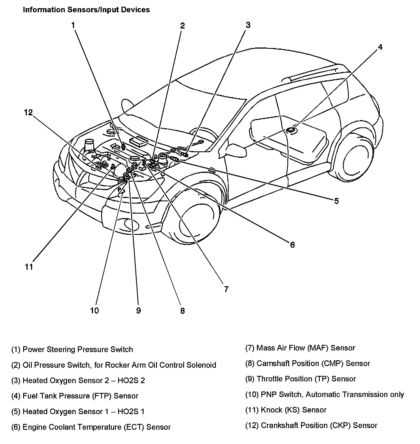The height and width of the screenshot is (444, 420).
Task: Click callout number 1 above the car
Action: click(73, 25)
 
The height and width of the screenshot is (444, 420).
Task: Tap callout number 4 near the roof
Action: click(380, 47)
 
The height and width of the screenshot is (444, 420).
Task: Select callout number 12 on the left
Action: click(28, 113)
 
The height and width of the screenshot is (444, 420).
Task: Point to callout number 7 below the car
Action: click(226, 289)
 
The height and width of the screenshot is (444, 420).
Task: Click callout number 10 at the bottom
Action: click(94, 311)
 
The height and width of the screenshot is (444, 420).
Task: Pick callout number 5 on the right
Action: click(336, 201)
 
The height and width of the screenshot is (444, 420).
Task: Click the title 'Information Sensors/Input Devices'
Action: click(86, 10)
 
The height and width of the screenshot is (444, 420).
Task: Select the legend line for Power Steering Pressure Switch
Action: click(72, 350)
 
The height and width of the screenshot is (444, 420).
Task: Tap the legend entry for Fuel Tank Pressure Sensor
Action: click(75, 396)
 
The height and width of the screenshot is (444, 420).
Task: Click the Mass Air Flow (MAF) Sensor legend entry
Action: click(300, 348)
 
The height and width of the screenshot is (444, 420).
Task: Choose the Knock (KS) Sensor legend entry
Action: click(286, 410)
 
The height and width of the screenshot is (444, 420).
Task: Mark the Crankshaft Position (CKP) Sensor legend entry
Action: click(311, 426)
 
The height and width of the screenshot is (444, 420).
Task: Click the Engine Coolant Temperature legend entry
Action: click(91, 427)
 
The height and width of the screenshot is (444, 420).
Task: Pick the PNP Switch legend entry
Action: click(324, 395)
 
